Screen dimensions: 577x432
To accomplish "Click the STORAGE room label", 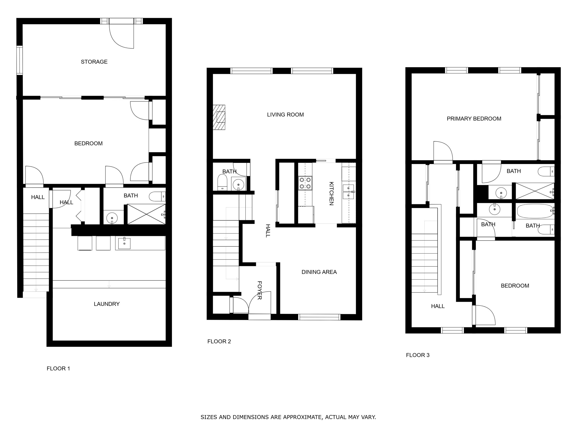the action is (x=94, y=62).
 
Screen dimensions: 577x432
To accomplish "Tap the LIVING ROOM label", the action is (x=285, y=115).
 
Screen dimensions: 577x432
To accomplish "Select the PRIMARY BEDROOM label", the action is (x=474, y=119).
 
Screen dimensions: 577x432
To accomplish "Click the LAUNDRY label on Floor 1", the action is (x=107, y=304).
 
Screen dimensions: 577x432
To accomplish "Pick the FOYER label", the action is (x=260, y=290).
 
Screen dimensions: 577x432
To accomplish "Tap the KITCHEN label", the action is (x=331, y=193).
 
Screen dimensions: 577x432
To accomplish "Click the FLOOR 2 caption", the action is (x=219, y=341).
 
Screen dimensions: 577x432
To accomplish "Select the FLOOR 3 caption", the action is (x=418, y=355).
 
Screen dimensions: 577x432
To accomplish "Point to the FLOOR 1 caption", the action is (x=58, y=369).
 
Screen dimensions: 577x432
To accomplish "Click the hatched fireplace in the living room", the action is (x=219, y=117).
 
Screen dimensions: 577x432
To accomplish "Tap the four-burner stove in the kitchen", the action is (x=305, y=183).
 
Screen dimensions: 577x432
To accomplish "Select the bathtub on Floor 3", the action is (x=535, y=211).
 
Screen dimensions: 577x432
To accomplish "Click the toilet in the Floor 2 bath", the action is (x=222, y=182).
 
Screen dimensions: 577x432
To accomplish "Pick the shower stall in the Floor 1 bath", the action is (x=146, y=214).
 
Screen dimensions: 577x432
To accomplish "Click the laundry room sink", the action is (x=124, y=243).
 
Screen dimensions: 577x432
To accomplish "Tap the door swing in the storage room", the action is (x=121, y=36).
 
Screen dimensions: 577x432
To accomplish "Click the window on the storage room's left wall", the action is (x=20, y=60).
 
